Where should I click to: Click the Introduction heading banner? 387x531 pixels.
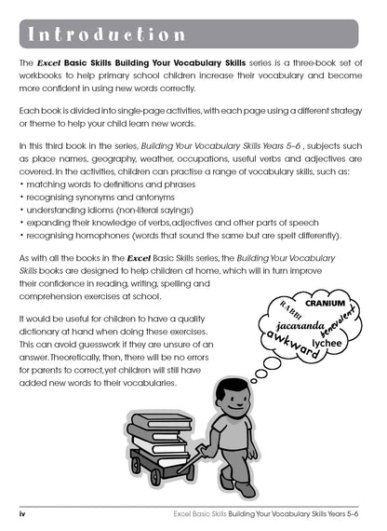coord(193,34)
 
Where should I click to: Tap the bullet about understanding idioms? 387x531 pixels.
coord(122,211)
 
